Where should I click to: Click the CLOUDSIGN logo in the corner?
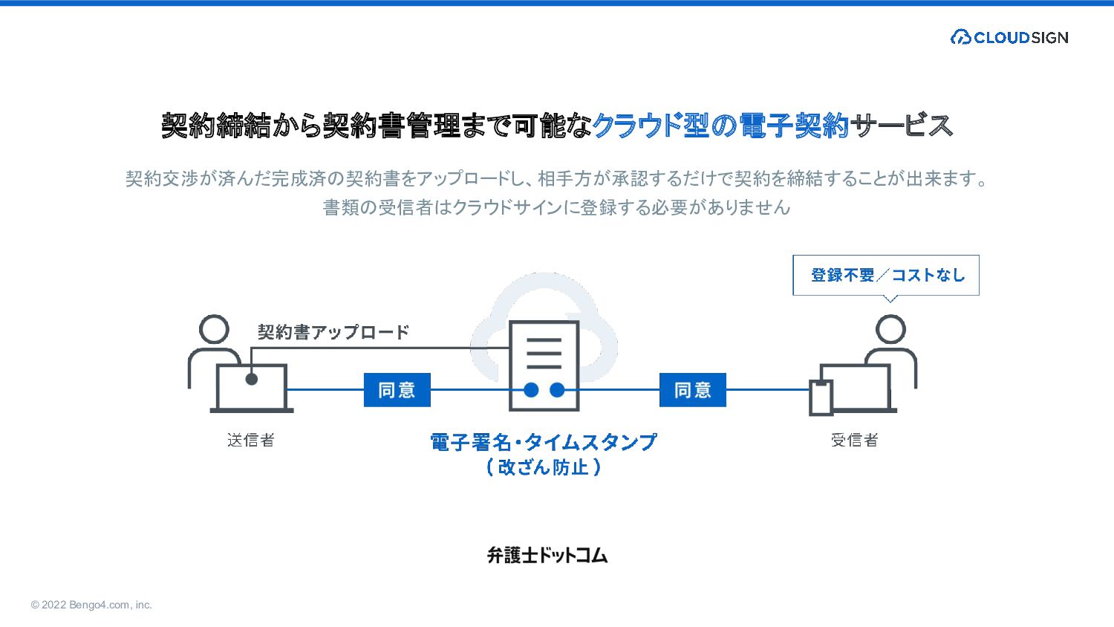click(1009, 37)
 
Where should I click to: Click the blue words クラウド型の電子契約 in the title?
click(720, 126)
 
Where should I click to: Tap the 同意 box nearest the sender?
click(397, 390)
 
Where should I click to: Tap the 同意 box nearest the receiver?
click(692, 390)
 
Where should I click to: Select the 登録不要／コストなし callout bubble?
click(886, 275)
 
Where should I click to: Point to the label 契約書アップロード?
click(333, 332)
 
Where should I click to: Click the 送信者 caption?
click(251, 440)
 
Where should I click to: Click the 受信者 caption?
click(854, 440)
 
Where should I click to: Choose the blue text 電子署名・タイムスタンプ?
click(543, 442)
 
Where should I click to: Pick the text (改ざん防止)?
click(543, 467)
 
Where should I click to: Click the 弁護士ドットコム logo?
click(547, 555)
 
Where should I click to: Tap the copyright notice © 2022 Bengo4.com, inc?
click(91, 605)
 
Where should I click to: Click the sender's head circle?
click(214, 329)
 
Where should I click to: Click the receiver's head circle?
click(890, 329)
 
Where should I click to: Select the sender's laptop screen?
click(252, 386)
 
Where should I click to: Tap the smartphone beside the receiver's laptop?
click(821, 397)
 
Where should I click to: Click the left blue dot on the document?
click(531, 390)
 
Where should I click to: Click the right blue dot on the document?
click(557, 390)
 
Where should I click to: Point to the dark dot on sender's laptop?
click(252, 379)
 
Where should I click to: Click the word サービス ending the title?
click(902, 126)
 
